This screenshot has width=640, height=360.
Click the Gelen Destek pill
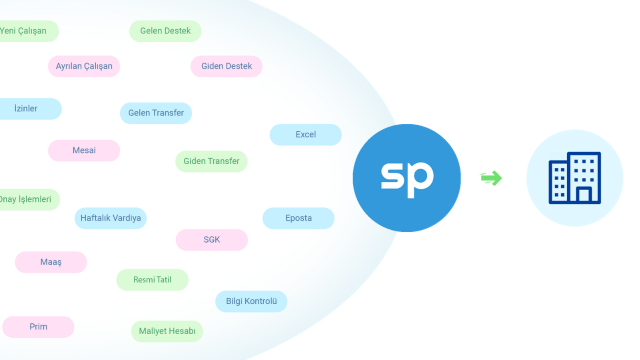[x=165, y=31]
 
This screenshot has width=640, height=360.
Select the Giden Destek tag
[x=226, y=66]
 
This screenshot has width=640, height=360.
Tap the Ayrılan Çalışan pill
[x=84, y=66]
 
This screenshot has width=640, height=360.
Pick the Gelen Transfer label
[x=156, y=113]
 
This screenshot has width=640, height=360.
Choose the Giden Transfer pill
[x=211, y=161]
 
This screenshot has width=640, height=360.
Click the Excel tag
[x=305, y=135]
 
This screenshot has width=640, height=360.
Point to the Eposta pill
[x=298, y=218]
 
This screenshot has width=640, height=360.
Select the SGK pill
[x=211, y=240]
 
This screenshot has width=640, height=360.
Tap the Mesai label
[x=84, y=150]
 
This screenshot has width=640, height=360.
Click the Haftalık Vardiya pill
[x=110, y=218]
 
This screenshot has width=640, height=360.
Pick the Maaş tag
[x=51, y=262]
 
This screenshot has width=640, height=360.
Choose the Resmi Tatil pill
[x=152, y=280]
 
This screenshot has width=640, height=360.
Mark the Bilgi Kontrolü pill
[x=251, y=301]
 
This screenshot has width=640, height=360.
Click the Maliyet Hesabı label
[x=167, y=331]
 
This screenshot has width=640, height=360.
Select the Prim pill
[x=38, y=327]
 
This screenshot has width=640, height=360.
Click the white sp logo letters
[x=406, y=178]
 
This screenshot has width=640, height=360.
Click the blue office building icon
[x=574, y=178]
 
